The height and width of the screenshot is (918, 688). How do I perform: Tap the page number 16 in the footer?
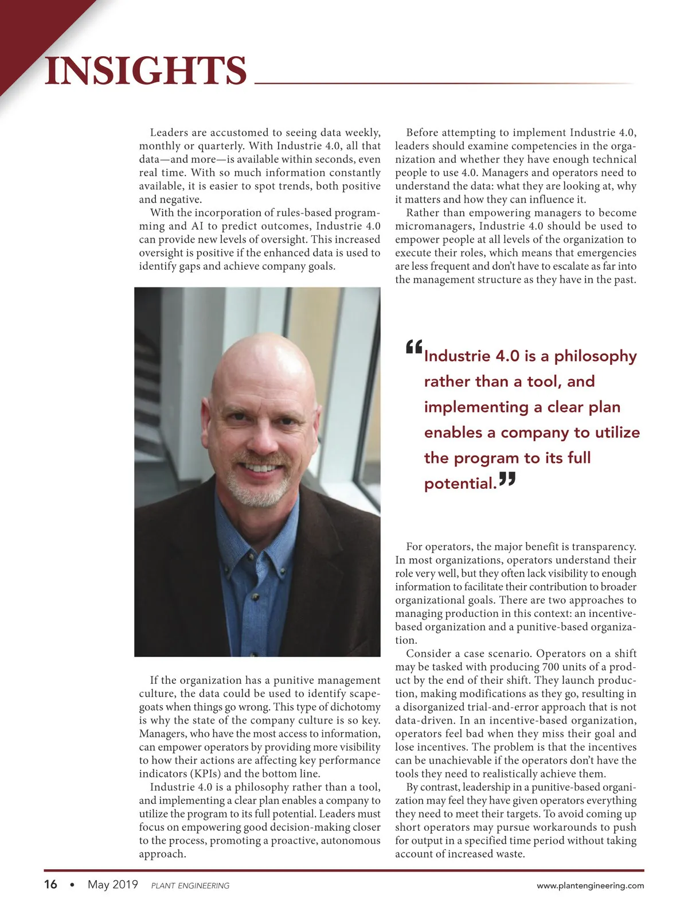[x=50, y=884]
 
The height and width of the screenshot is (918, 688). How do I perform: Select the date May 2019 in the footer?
[x=112, y=884]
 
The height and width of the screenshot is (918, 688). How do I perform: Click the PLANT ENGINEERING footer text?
[x=190, y=886]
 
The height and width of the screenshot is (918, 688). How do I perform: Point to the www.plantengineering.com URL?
[x=590, y=885]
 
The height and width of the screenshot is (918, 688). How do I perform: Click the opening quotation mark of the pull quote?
[x=413, y=347]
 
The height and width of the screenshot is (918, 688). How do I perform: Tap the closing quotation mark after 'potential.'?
[x=507, y=478]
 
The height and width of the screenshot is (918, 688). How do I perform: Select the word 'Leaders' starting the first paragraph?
[x=170, y=133]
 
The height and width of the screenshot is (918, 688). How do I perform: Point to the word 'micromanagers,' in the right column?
[x=435, y=226]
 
